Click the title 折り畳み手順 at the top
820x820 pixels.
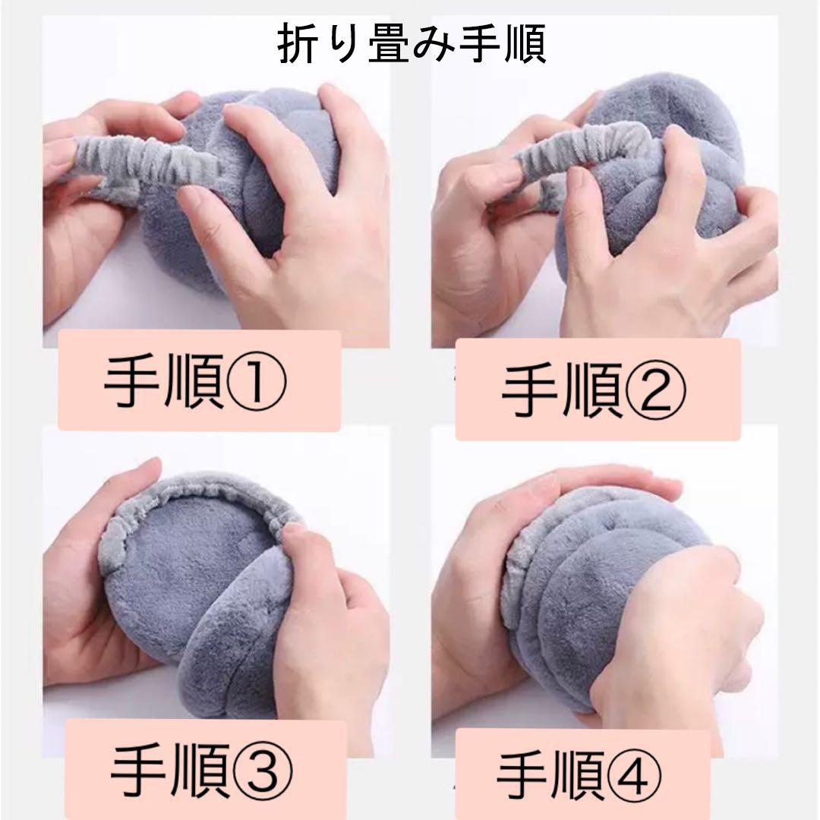(412, 44)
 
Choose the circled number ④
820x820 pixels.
(632, 776)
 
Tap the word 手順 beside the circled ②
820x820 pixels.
(562, 391)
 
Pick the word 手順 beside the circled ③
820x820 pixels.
(171, 771)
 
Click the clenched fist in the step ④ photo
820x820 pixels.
(680, 628)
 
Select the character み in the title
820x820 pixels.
(437, 45)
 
